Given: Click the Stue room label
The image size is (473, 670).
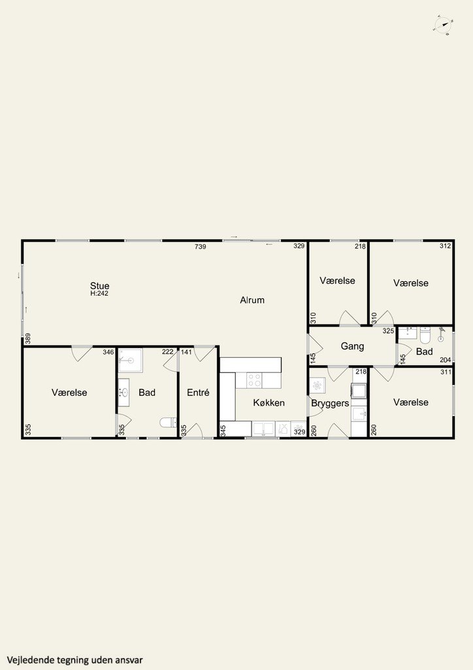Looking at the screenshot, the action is (99, 285).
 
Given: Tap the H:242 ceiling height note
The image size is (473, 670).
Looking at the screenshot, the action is (99, 294).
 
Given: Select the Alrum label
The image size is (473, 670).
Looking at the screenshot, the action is (252, 300).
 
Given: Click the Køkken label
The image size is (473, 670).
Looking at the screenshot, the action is (269, 402).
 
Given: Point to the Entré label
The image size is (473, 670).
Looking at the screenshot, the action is (198, 393).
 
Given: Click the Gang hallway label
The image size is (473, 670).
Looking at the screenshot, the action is (352, 346).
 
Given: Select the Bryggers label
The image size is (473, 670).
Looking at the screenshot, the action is (330, 403).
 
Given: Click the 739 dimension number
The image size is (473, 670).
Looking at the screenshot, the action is (201, 247).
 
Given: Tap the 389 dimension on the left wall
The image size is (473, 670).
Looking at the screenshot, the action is (28, 338).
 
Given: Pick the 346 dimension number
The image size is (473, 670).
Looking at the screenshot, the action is (108, 352).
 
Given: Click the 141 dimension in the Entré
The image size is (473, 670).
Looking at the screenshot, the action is (186, 352).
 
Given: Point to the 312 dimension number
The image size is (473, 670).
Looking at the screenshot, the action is (446, 246).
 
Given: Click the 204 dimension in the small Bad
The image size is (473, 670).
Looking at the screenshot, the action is (446, 361).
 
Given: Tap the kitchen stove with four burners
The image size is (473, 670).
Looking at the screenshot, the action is (254, 380).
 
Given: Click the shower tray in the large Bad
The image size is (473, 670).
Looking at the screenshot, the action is (131, 361).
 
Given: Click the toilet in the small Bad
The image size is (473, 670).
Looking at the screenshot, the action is (425, 335).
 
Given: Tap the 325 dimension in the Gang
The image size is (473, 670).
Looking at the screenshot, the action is (388, 330).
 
